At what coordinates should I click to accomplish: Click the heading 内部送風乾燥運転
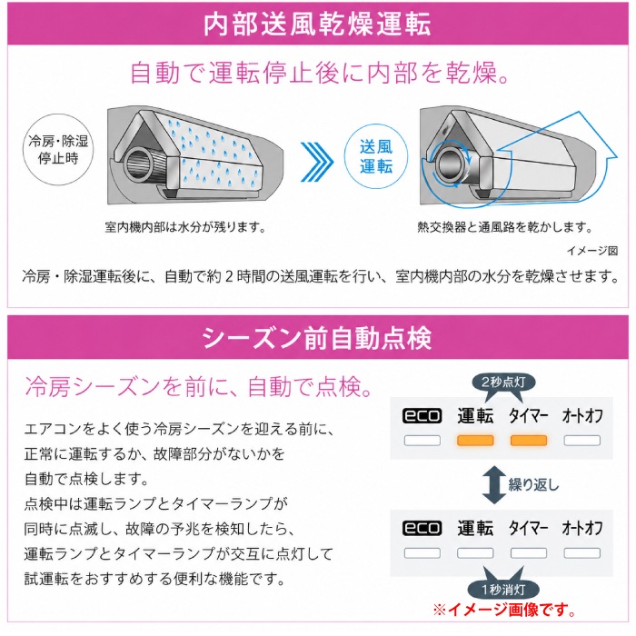tap(317, 25)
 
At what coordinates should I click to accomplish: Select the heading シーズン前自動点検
tap(317, 338)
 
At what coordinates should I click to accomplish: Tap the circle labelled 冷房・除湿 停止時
tap(58, 150)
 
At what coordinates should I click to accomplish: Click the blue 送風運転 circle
tap(376, 156)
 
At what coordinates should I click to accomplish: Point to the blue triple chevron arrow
tap(317, 162)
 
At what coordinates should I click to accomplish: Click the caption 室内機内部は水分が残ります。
tap(185, 227)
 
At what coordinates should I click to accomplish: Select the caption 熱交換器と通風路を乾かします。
tap(505, 227)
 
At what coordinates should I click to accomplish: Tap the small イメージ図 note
tap(592, 251)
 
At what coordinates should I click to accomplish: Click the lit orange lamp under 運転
tap(475, 441)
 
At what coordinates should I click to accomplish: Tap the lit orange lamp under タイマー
tap(529, 441)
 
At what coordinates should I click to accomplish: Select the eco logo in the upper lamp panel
tap(422, 416)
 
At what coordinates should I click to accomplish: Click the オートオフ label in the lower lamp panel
tap(582, 528)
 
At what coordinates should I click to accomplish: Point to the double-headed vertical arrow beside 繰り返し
tap(493, 484)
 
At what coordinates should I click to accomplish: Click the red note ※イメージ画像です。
tap(505, 610)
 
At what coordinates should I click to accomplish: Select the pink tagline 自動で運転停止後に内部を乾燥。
tap(321, 73)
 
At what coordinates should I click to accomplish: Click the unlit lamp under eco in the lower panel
tap(422, 552)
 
